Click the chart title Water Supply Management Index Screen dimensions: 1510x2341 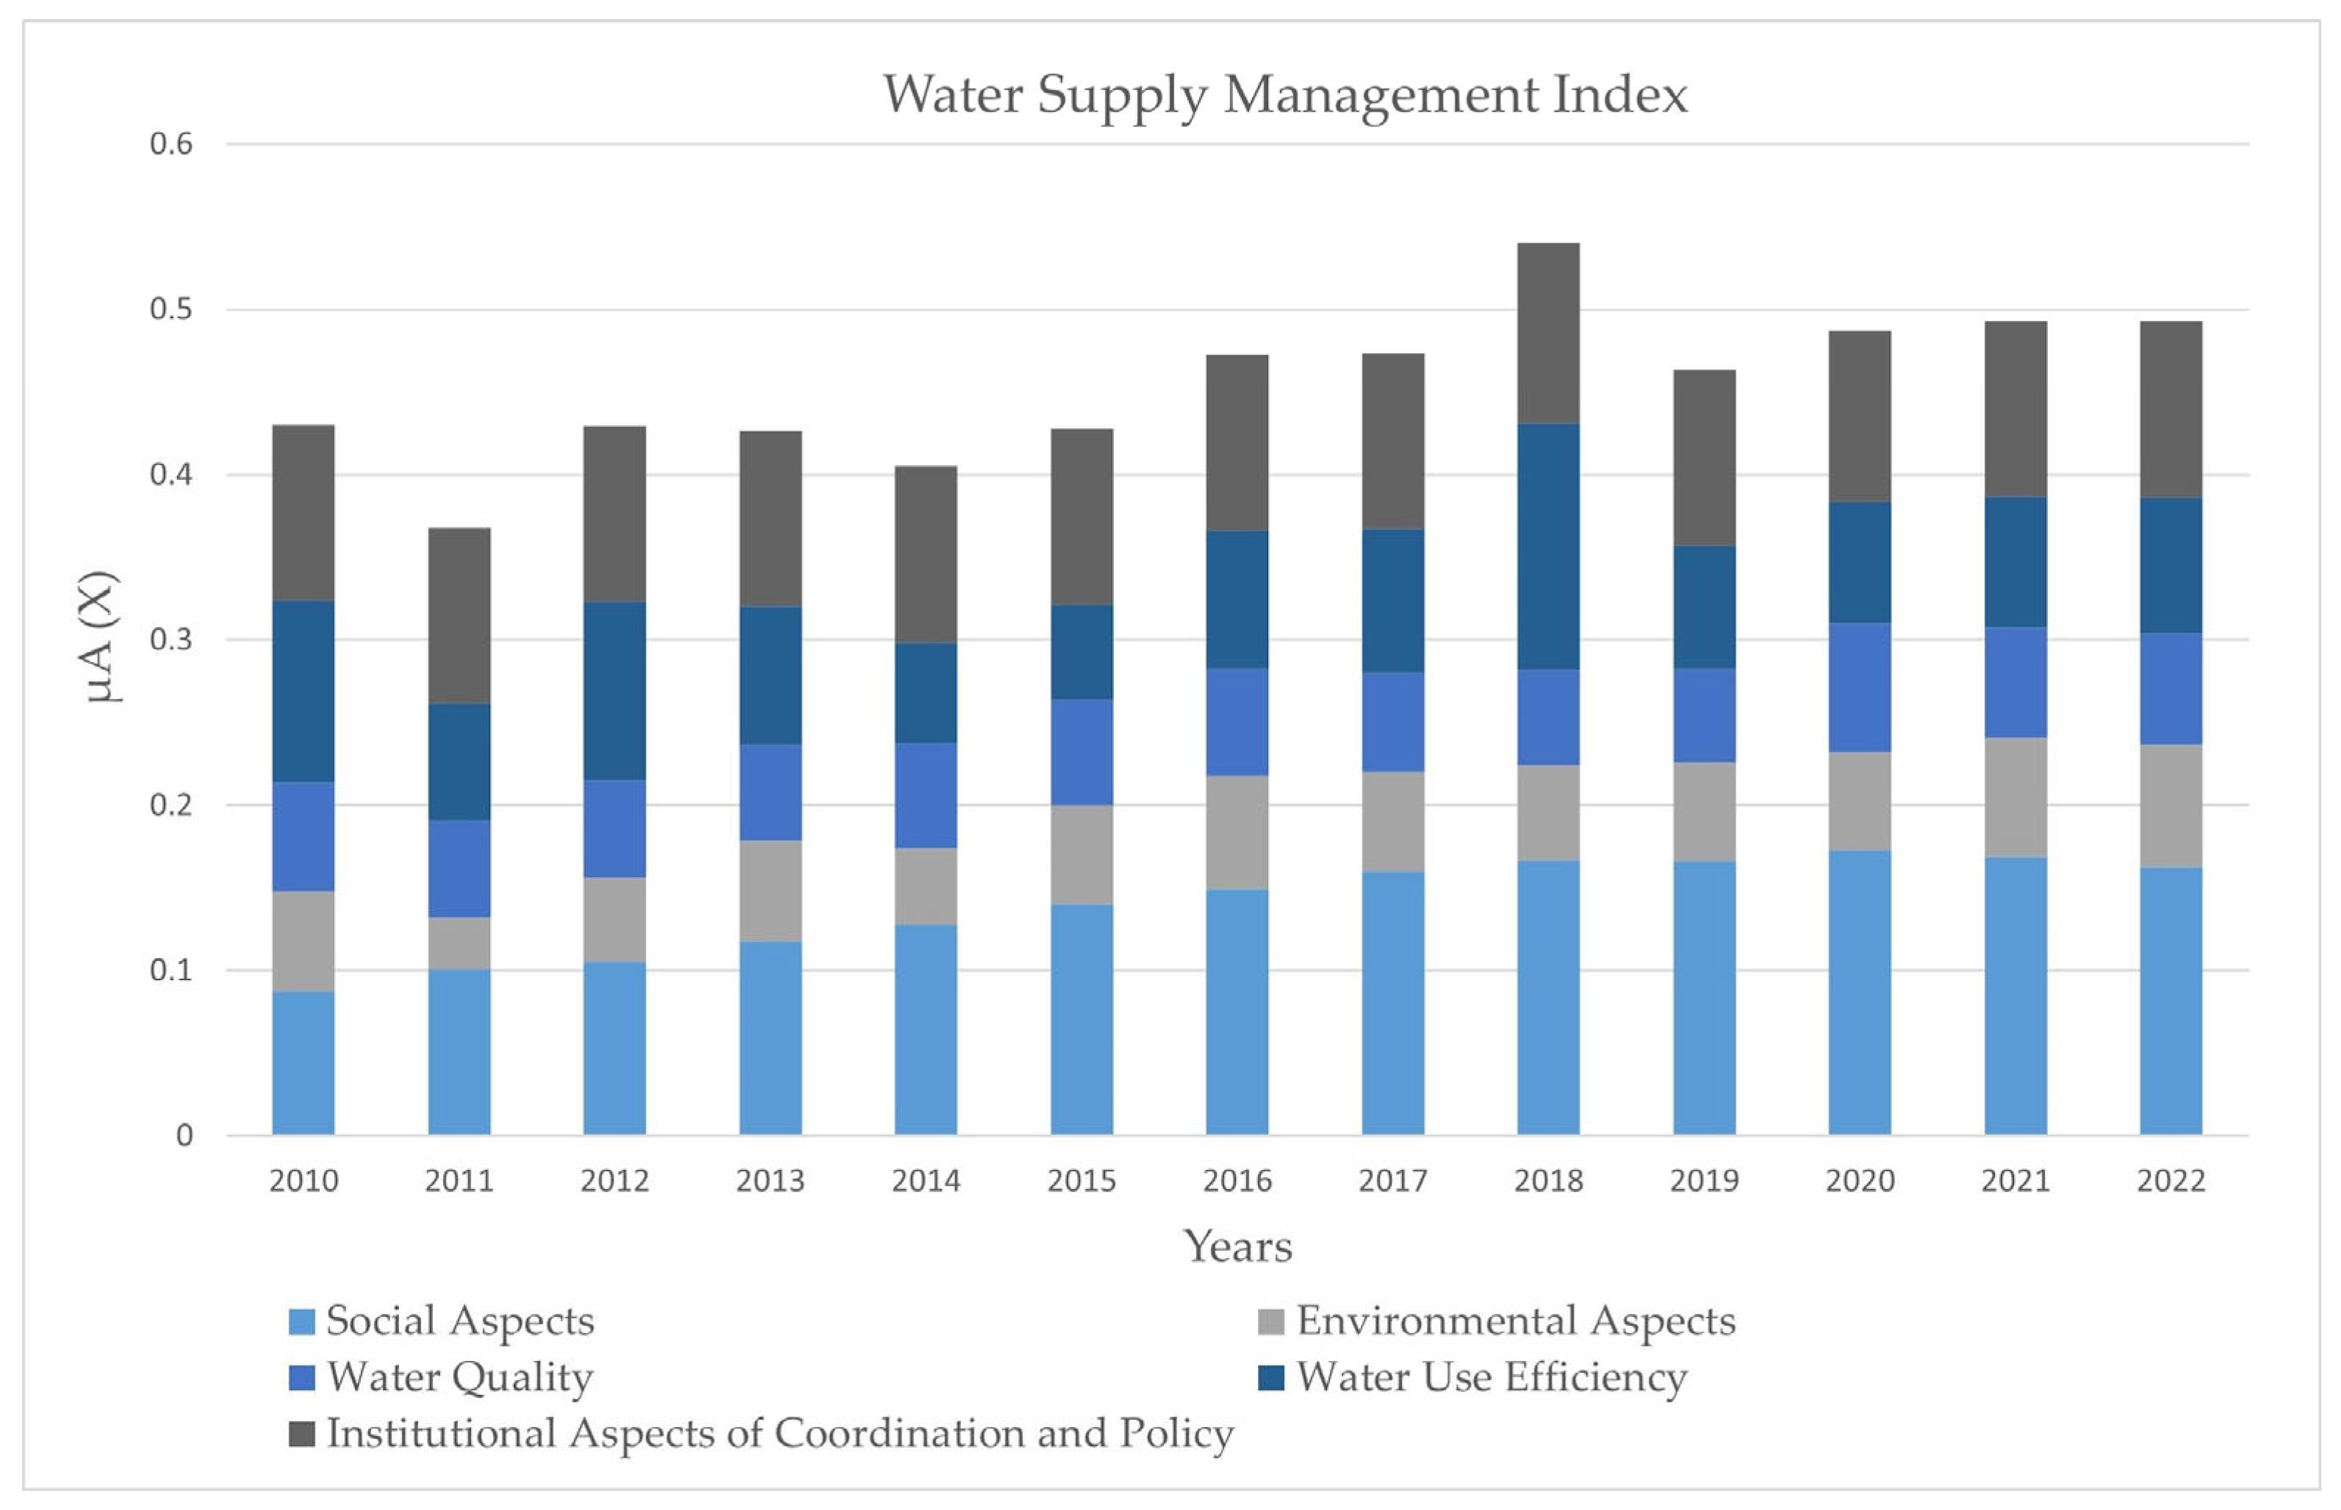(x=1284, y=95)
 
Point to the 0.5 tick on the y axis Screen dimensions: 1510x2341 (x=170, y=310)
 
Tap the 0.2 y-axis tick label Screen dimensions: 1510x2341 (x=170, y=805)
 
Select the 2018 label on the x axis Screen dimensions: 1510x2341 (x=1548, y=1181)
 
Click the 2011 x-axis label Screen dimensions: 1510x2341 (x=459, y=1181)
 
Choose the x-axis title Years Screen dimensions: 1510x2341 (x=1237, y=1246)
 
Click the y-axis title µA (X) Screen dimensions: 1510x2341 (x=101, y=636)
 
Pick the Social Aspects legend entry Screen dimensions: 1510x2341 (x=459, y=1320)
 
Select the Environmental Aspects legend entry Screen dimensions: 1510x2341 (x=1514, y=1320)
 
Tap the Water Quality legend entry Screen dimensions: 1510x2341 (x=459, y=1378)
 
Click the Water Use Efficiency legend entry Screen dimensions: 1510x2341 (x=1490, y=1378)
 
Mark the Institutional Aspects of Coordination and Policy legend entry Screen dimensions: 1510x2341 (x=780, y=1434)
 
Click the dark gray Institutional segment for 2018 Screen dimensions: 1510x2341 (x=1548, y=334)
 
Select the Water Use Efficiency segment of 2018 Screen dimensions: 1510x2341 (x=1548, y=546)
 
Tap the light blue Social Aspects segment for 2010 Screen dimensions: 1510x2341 (x=303, y=1063)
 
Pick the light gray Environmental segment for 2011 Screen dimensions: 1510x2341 (x=459, y=943)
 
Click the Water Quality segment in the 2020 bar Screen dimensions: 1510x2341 (x=1860, y=687)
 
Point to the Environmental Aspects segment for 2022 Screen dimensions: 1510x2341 (x=2171, y=806)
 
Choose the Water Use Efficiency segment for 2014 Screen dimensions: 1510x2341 (x=925, y=693)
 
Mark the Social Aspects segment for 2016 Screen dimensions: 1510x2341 (x=1237, y=1012)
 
